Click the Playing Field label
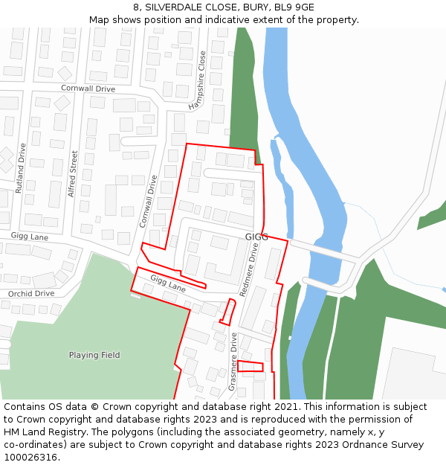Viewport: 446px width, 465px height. (x=94, y=355)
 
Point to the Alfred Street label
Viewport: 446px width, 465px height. (x=73, y=173)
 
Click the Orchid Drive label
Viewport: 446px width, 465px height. (x=31, y=293)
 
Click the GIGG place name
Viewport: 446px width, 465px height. (x=256, y=237)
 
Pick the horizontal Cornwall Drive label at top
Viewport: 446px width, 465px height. (x=88, y=89)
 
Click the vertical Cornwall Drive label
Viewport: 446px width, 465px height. (x=149, y=201)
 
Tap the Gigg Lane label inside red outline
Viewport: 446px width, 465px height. (x=168, y=283)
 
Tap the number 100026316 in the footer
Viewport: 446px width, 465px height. (x=30, y=458)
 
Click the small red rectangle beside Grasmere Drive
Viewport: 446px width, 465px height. (x=250, y=366)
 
